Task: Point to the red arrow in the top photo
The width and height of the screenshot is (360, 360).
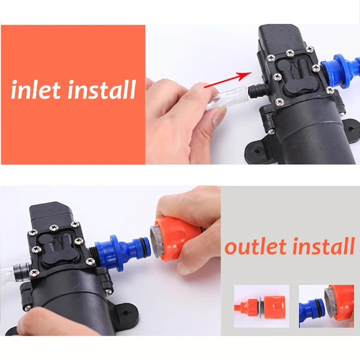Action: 228,80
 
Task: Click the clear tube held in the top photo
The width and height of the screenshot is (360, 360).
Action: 227,99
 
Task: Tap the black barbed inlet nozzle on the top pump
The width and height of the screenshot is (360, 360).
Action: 256,91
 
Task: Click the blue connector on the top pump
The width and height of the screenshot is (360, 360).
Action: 340,67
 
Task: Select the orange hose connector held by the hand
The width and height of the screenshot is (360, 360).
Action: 176,239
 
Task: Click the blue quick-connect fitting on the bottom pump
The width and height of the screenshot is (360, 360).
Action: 122,252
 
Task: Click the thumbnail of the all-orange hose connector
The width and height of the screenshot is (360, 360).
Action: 261,306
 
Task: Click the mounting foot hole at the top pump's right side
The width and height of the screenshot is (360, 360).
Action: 350,129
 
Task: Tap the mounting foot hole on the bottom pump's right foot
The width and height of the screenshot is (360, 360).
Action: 125,313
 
